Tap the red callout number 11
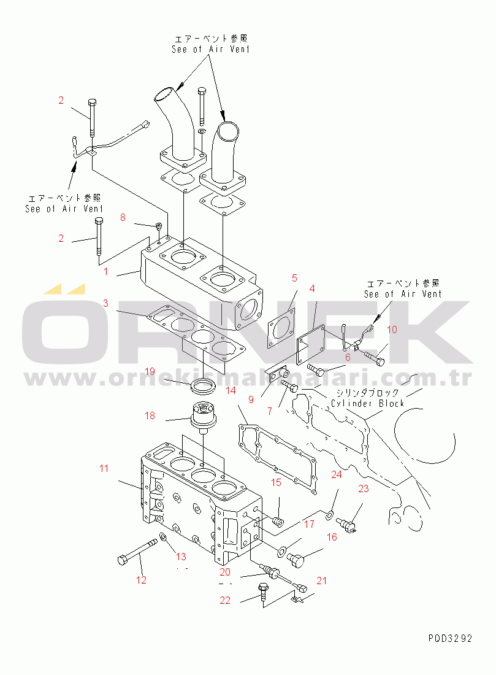click(x=104, y=469)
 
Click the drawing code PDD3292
click(x=450, y=638)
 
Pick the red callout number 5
click(x=294, y=278)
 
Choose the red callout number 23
click(x=364, y=489)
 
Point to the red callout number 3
click(x=105, y=303)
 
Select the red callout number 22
click(x=226, y=600)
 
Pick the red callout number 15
click(x=277, y=483)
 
